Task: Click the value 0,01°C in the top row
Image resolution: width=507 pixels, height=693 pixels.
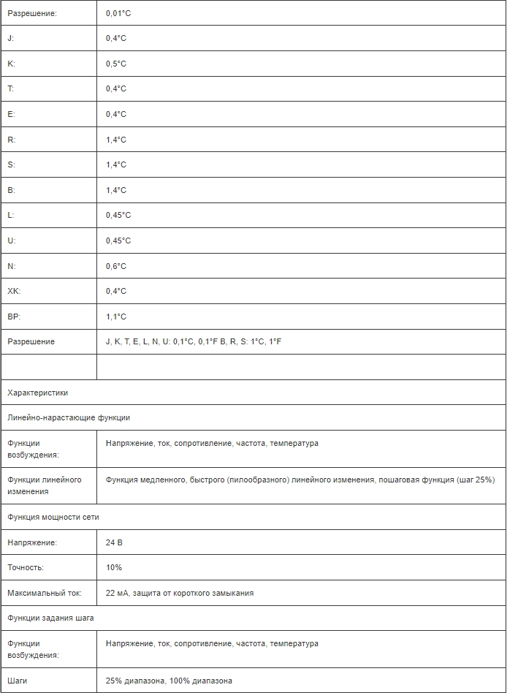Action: (x=118, y=13)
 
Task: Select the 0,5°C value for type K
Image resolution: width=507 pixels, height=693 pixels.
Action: (x=115, y=64)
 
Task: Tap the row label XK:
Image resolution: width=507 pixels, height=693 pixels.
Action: (x=14, y=291)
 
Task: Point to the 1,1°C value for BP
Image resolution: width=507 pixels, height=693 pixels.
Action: (x=115, y=317)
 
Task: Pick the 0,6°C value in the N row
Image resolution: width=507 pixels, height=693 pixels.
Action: (x=115, y=266)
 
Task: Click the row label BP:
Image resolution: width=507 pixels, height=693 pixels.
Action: (x=14, y=317)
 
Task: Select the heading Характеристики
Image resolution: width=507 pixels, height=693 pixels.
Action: (x=37, y=393)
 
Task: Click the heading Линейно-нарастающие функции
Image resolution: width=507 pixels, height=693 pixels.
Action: (x=69, y=417)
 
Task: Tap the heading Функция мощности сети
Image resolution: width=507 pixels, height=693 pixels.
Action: (x=53, y=517)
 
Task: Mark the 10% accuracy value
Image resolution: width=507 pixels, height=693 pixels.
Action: (x=113, y=567)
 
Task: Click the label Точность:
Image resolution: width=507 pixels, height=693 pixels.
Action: (x=26, y=567)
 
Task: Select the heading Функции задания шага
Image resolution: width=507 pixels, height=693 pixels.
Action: (x=50, y=618)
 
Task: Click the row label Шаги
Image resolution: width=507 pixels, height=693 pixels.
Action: (x=18, y=681)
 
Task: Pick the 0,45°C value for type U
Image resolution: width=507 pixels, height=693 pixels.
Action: (x=118, y=241)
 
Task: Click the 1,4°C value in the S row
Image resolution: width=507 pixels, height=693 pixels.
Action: (x=115, y=164)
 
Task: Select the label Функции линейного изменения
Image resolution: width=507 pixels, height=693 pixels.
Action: (x=44, y=485)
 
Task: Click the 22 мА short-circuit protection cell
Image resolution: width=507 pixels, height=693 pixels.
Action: (x=179, y=593)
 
